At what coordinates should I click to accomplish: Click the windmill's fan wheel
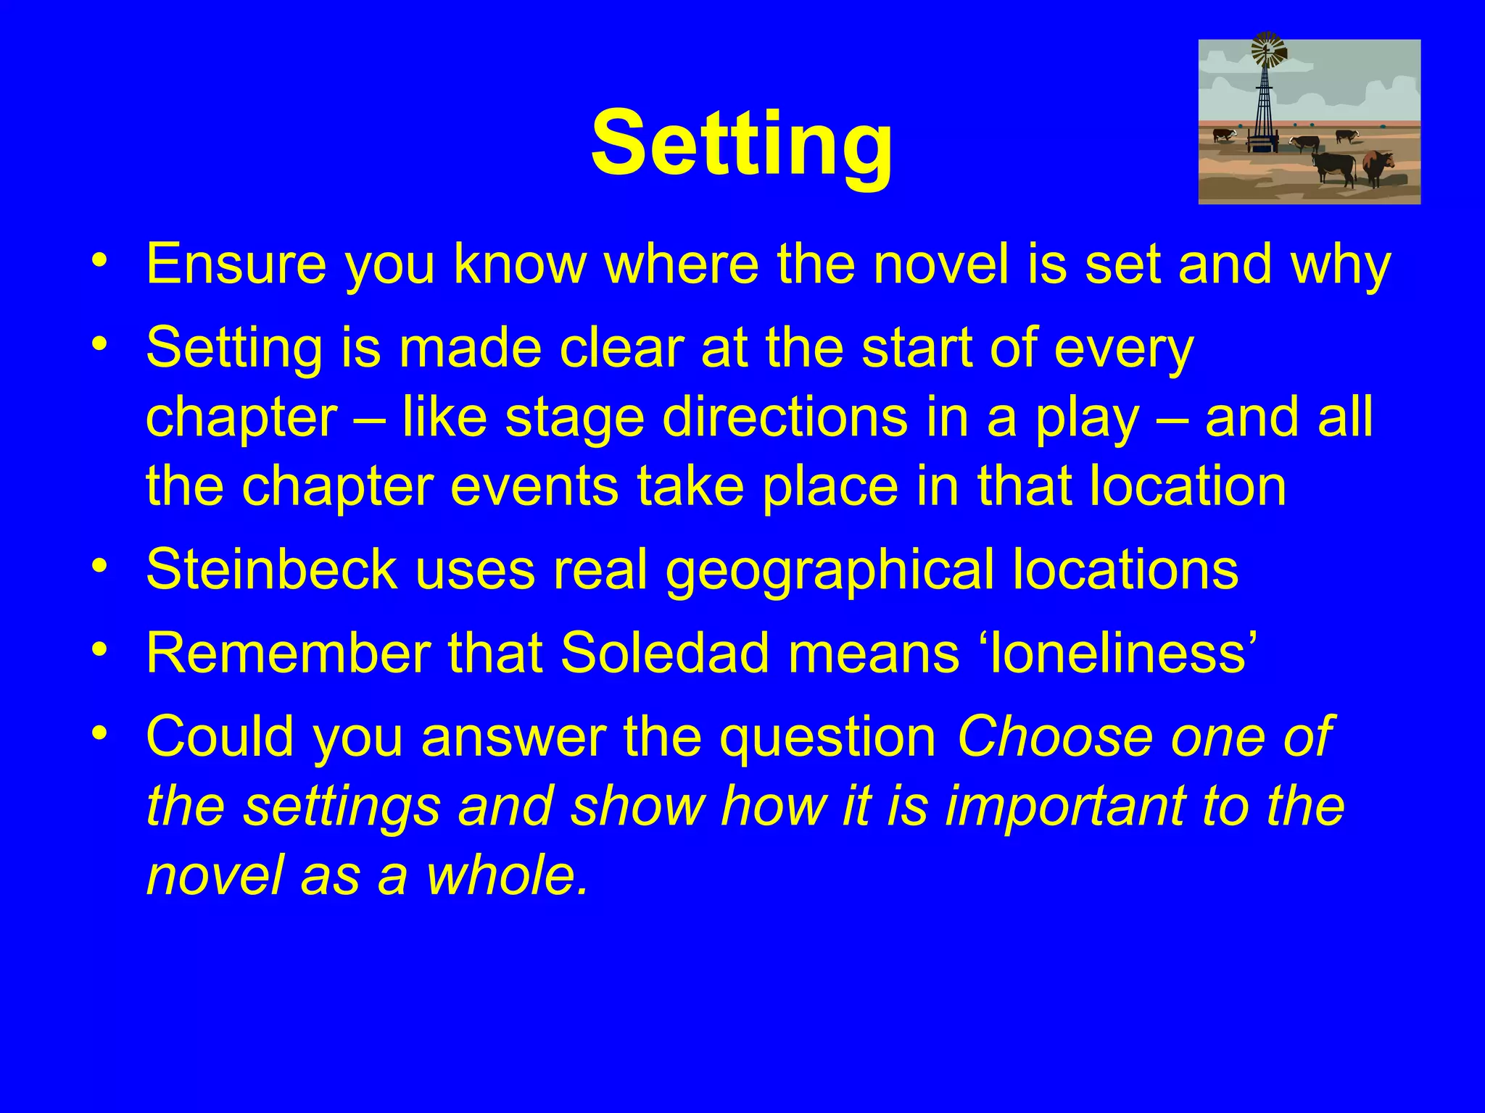(1268, 49)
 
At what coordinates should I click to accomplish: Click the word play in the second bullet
(1087, 418)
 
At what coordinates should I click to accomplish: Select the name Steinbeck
(271, 570)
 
